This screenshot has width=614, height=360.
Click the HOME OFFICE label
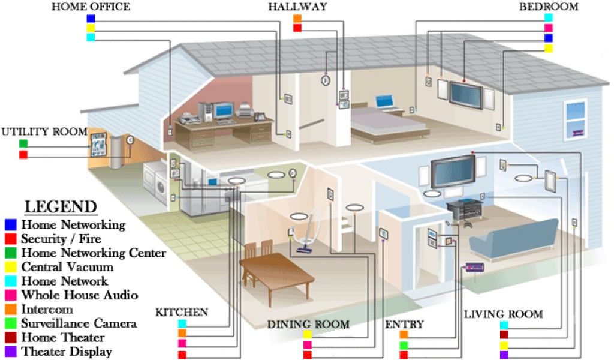[x=91, y=7]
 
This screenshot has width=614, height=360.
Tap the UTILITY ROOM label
[x=44, y=131]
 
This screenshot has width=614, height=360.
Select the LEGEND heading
[x=61, y=207]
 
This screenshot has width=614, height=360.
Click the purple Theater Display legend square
[x=10, y=352]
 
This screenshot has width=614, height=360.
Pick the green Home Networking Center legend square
[x=10, y=253]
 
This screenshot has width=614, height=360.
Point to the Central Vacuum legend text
[x=67, y=267]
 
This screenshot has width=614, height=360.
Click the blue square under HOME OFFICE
[x=91, y=18]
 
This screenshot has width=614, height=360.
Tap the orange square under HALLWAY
[x=297, y=18]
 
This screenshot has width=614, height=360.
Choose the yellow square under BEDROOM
[x=548, y=48]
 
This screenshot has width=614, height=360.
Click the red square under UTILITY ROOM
[x=23, y=155]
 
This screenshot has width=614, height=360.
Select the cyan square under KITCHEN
[x=182, y=324]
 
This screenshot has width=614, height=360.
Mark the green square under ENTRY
[x=404, y=344]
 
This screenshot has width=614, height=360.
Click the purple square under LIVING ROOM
[x=504, y=355]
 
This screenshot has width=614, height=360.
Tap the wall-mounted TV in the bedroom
[x=465, y=93]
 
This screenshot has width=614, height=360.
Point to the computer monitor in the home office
[x=223, y=110]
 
